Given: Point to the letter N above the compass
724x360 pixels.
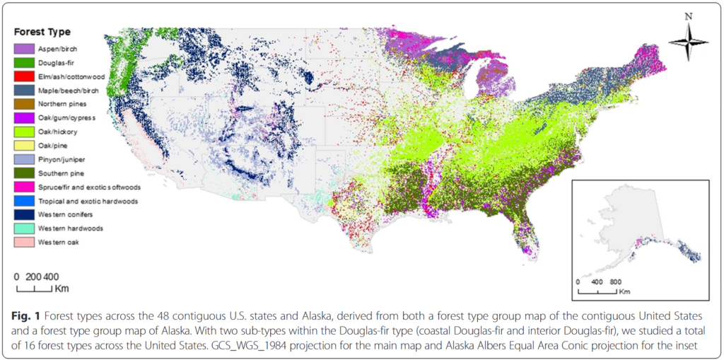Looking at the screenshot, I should tap(688, 15).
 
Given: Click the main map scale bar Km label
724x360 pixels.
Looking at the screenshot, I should tap(62, 289).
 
